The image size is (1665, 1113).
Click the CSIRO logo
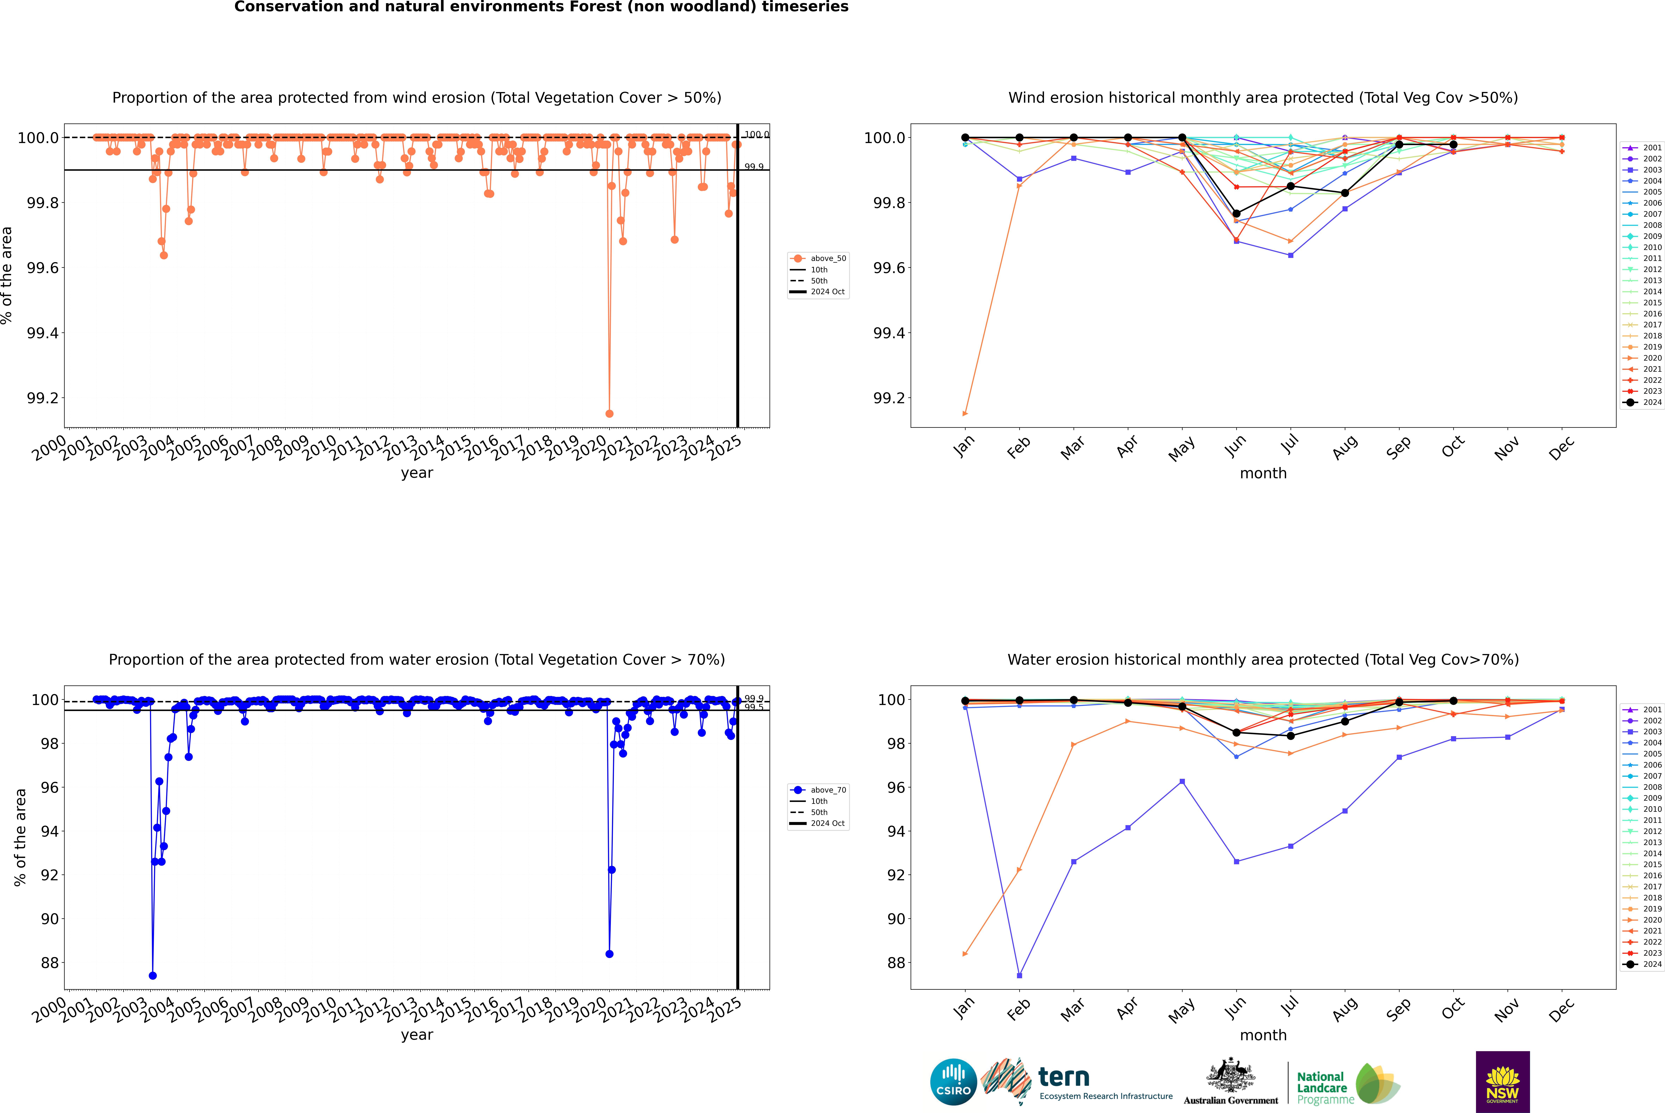953,1082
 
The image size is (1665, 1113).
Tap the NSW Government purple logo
1502,1082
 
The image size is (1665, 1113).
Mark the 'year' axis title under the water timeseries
417,1035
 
